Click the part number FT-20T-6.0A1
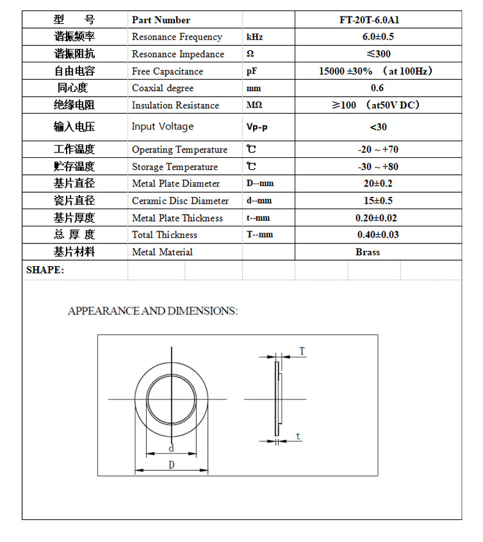378,20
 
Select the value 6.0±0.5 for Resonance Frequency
378,37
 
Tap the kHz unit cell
254,37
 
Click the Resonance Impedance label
178,54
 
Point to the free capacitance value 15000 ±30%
345,71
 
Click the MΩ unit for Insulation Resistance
254,105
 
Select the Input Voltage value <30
378,127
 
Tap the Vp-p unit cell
257,127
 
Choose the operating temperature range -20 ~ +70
378,149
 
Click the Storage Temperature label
175,166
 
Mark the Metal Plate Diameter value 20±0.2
378,184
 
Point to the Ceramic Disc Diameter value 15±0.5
378,201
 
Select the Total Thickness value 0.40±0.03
378,234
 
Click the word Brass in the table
367,251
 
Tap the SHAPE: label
45,270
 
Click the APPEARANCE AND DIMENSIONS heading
152,311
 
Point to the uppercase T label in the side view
301,351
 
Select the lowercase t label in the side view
298,436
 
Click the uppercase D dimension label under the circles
171,465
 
